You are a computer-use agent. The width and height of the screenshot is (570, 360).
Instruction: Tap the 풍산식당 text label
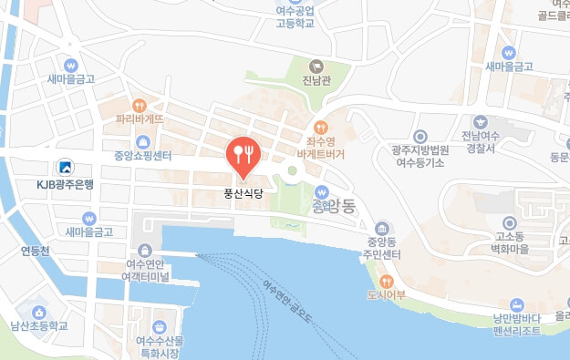[242, 193]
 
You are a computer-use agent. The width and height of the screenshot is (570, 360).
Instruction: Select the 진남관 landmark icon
[316, 66]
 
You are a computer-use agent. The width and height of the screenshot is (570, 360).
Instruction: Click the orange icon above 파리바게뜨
[140, 105]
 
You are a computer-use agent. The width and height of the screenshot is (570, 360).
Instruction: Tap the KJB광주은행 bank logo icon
[65, 168]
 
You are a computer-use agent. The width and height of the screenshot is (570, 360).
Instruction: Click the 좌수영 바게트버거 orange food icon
[320, 128]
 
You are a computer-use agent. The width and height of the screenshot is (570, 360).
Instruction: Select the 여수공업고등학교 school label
[300, 18]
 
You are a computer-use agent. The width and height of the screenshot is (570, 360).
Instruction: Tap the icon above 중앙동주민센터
[379, 228]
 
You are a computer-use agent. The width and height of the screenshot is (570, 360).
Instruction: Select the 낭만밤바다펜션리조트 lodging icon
[517, 304]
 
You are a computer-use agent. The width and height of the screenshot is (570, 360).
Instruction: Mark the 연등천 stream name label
[35, 249]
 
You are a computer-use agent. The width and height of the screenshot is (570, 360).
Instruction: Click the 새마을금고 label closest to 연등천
[88, 232]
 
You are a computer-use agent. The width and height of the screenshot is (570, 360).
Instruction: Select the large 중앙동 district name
[341, 204]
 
